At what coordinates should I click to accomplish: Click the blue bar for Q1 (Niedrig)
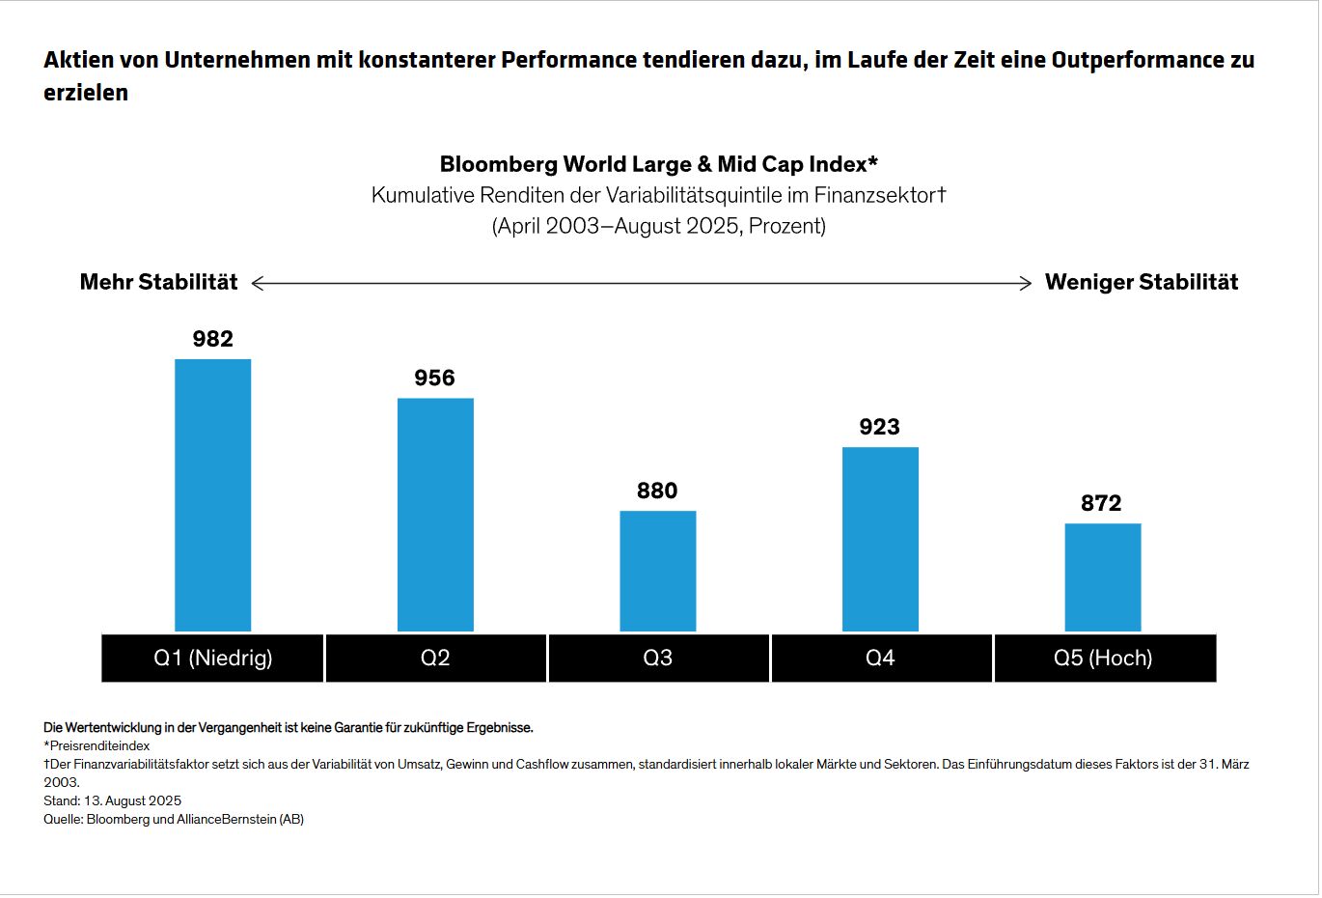point(212,494)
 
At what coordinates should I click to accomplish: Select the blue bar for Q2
point(435,514)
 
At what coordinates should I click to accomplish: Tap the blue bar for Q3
point(657,570)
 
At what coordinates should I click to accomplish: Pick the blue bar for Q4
point(880,538)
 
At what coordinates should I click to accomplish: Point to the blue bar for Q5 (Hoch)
point(1102,576)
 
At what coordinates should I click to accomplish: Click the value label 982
point(212,339)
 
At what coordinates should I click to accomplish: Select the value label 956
point(434,378)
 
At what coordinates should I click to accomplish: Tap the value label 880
point(657,491)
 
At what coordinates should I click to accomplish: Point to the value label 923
point(879,427)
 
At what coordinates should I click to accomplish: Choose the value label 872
point(1101,503)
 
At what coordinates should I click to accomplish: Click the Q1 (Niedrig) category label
point(212,659)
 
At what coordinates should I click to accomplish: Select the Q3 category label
point(657,659)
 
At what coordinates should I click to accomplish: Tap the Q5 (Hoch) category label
point(1103,659)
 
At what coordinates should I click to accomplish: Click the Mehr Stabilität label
point(158,282)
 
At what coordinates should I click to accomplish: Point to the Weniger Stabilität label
point(1142,282)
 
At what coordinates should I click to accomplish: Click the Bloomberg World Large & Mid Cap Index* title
point(658,164)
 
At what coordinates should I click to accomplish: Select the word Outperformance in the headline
point(1126,60)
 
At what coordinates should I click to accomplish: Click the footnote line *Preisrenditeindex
point(96,745)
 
